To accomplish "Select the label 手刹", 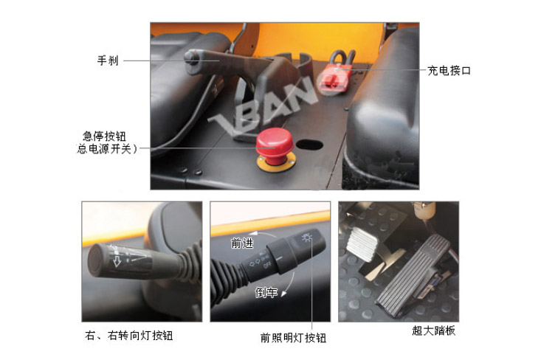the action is pos(108,60).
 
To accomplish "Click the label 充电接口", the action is pos(449,71).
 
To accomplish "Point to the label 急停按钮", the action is pos(104,136).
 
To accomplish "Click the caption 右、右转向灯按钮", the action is pos(128,336).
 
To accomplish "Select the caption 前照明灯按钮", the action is pos(293,338).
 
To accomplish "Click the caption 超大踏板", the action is pos(434,330).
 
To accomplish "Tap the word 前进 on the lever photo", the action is pos(242,243).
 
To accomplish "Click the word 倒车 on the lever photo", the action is pos(266,292).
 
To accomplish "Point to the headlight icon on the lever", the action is pos(306,238).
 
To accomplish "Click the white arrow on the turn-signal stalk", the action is pos(117,261).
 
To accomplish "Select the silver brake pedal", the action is pos(362,243).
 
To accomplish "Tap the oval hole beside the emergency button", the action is pos(309,145).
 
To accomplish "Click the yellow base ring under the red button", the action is pos(276,163).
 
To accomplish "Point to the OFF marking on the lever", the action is pos(268,266).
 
